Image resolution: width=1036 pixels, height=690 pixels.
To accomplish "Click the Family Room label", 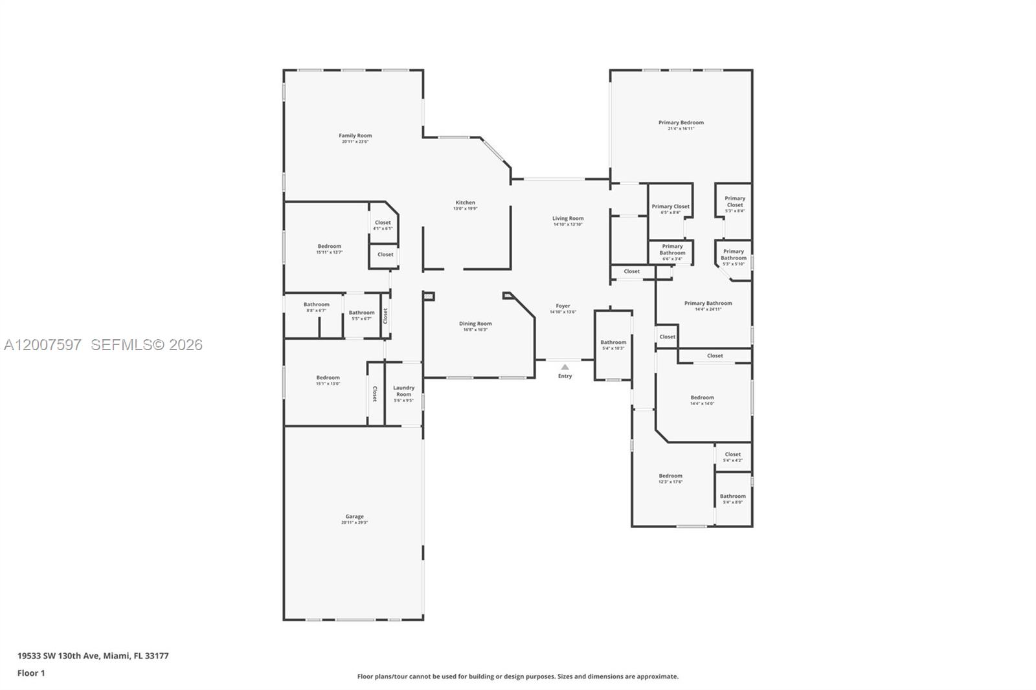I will [x=355, y=136].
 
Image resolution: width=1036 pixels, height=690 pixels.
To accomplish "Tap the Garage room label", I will [x=354, y=517].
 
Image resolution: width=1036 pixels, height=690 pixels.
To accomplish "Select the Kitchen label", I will [x=465, y=203].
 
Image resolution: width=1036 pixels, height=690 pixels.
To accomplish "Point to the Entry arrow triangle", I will [x=565, y=367].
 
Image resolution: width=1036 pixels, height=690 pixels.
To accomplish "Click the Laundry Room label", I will [x=403, y=391].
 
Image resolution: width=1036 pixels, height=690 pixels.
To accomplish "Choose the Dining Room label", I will [x=475, y=324].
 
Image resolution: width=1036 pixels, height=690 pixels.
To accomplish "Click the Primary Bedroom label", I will [x=681, y=122].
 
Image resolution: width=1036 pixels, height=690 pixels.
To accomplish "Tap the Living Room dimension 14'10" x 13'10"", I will [x=568, y=225].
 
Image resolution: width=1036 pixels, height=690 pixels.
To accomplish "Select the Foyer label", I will [x=563, y=306].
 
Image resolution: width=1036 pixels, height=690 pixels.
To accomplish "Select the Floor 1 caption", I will [x=31, y=673].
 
